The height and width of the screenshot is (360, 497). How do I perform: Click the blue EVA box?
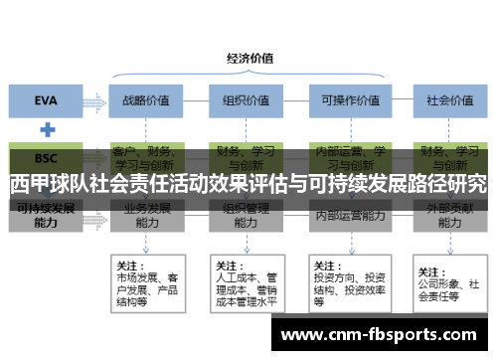(46, 100)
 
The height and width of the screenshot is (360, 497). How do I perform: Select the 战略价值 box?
(146, 100)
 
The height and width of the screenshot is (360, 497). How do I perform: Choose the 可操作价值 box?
(345, 100)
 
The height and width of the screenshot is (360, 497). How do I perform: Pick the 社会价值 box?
(446, 100)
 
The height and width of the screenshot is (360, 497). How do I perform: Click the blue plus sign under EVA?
(46, 129)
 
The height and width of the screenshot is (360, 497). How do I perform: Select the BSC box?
(46, 157)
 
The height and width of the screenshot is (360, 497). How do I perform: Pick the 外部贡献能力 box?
(446, 217)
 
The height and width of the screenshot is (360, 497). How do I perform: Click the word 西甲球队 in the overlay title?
(45, 185)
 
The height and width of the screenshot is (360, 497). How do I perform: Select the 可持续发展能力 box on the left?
(46, 217)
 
